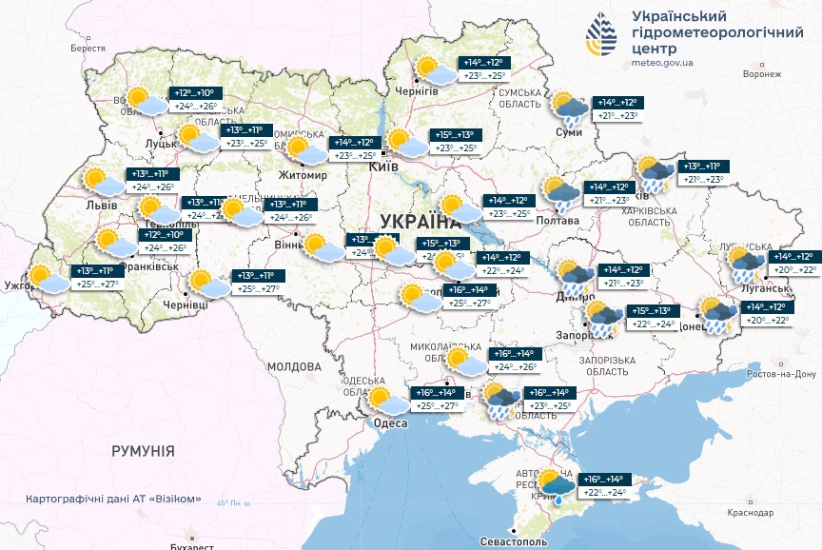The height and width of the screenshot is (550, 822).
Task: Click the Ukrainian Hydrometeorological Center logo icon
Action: point(602,37)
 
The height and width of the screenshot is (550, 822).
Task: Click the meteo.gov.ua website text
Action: point(662,63)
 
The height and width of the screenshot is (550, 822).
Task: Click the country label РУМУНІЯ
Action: point(143,450)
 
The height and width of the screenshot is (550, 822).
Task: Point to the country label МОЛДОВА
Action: point(294,366)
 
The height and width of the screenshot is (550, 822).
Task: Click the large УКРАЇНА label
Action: point(420,222)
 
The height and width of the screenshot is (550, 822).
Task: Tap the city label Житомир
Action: point(301,176)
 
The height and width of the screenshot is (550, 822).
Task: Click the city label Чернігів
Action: point(416,91)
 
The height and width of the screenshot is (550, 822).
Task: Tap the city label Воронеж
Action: point(762,73)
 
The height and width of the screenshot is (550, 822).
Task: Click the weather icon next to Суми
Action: point(569,110)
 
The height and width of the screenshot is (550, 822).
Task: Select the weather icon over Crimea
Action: point(556,485)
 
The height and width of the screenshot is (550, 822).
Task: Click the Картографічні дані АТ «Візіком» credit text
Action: point(114,500)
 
